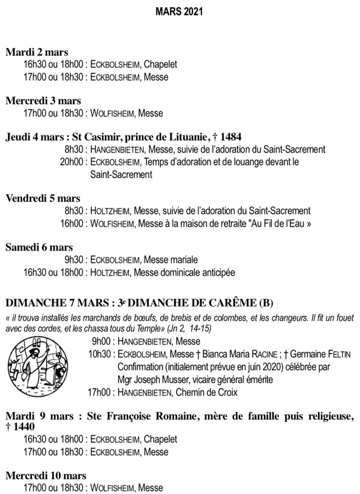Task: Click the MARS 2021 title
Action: click(179, 11)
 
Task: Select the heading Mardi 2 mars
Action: click(37, 52)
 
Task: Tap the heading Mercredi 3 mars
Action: click(43, 101)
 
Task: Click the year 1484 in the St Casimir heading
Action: click(231, 136)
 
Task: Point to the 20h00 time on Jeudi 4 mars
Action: click(72, 162)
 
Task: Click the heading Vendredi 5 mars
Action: click(43, 198)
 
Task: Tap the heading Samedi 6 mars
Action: click(39, 247)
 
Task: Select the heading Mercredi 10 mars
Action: click(46, 475)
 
